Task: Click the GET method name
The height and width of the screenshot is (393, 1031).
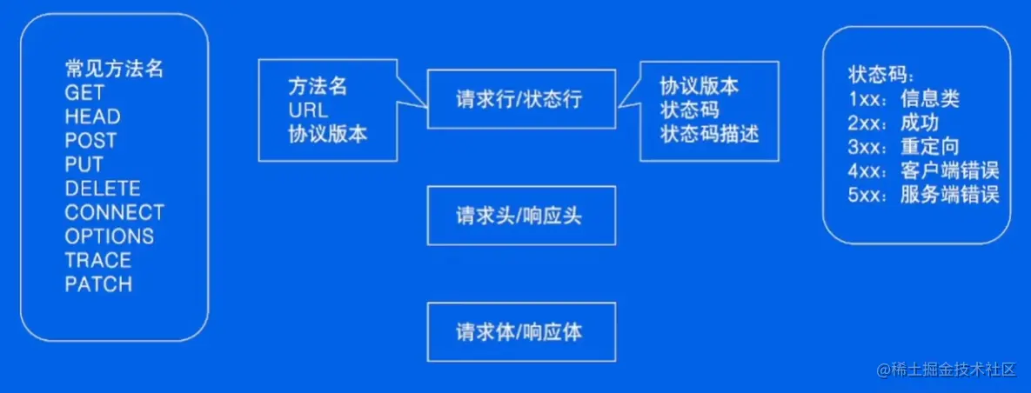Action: point(84,93)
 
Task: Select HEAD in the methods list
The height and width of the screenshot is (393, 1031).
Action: point(92,117)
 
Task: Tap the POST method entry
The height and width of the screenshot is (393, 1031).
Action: point(90,141)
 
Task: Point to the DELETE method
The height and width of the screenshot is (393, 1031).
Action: point(103,189)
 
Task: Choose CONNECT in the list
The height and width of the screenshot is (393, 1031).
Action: point(114,212)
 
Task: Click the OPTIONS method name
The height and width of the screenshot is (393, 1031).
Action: point(109,236)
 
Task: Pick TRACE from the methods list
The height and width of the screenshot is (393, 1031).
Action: point(97,260)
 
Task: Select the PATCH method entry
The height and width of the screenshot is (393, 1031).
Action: point(98,284)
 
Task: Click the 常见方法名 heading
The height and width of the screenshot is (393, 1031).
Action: point(114,69)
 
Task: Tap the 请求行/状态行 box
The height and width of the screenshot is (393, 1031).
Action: point(521,99)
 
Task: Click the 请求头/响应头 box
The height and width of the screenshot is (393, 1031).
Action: point(521,215)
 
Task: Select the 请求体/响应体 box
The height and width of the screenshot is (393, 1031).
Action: point(521,331)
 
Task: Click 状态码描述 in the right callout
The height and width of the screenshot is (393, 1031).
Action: point(709,135)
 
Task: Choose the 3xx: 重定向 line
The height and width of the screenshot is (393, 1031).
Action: point(904,145)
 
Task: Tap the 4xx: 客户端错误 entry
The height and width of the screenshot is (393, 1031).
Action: point(923,170)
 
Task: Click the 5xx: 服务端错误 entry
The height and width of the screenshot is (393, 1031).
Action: point(923,194)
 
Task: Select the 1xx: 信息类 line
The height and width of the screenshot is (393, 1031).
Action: point(904,98)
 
